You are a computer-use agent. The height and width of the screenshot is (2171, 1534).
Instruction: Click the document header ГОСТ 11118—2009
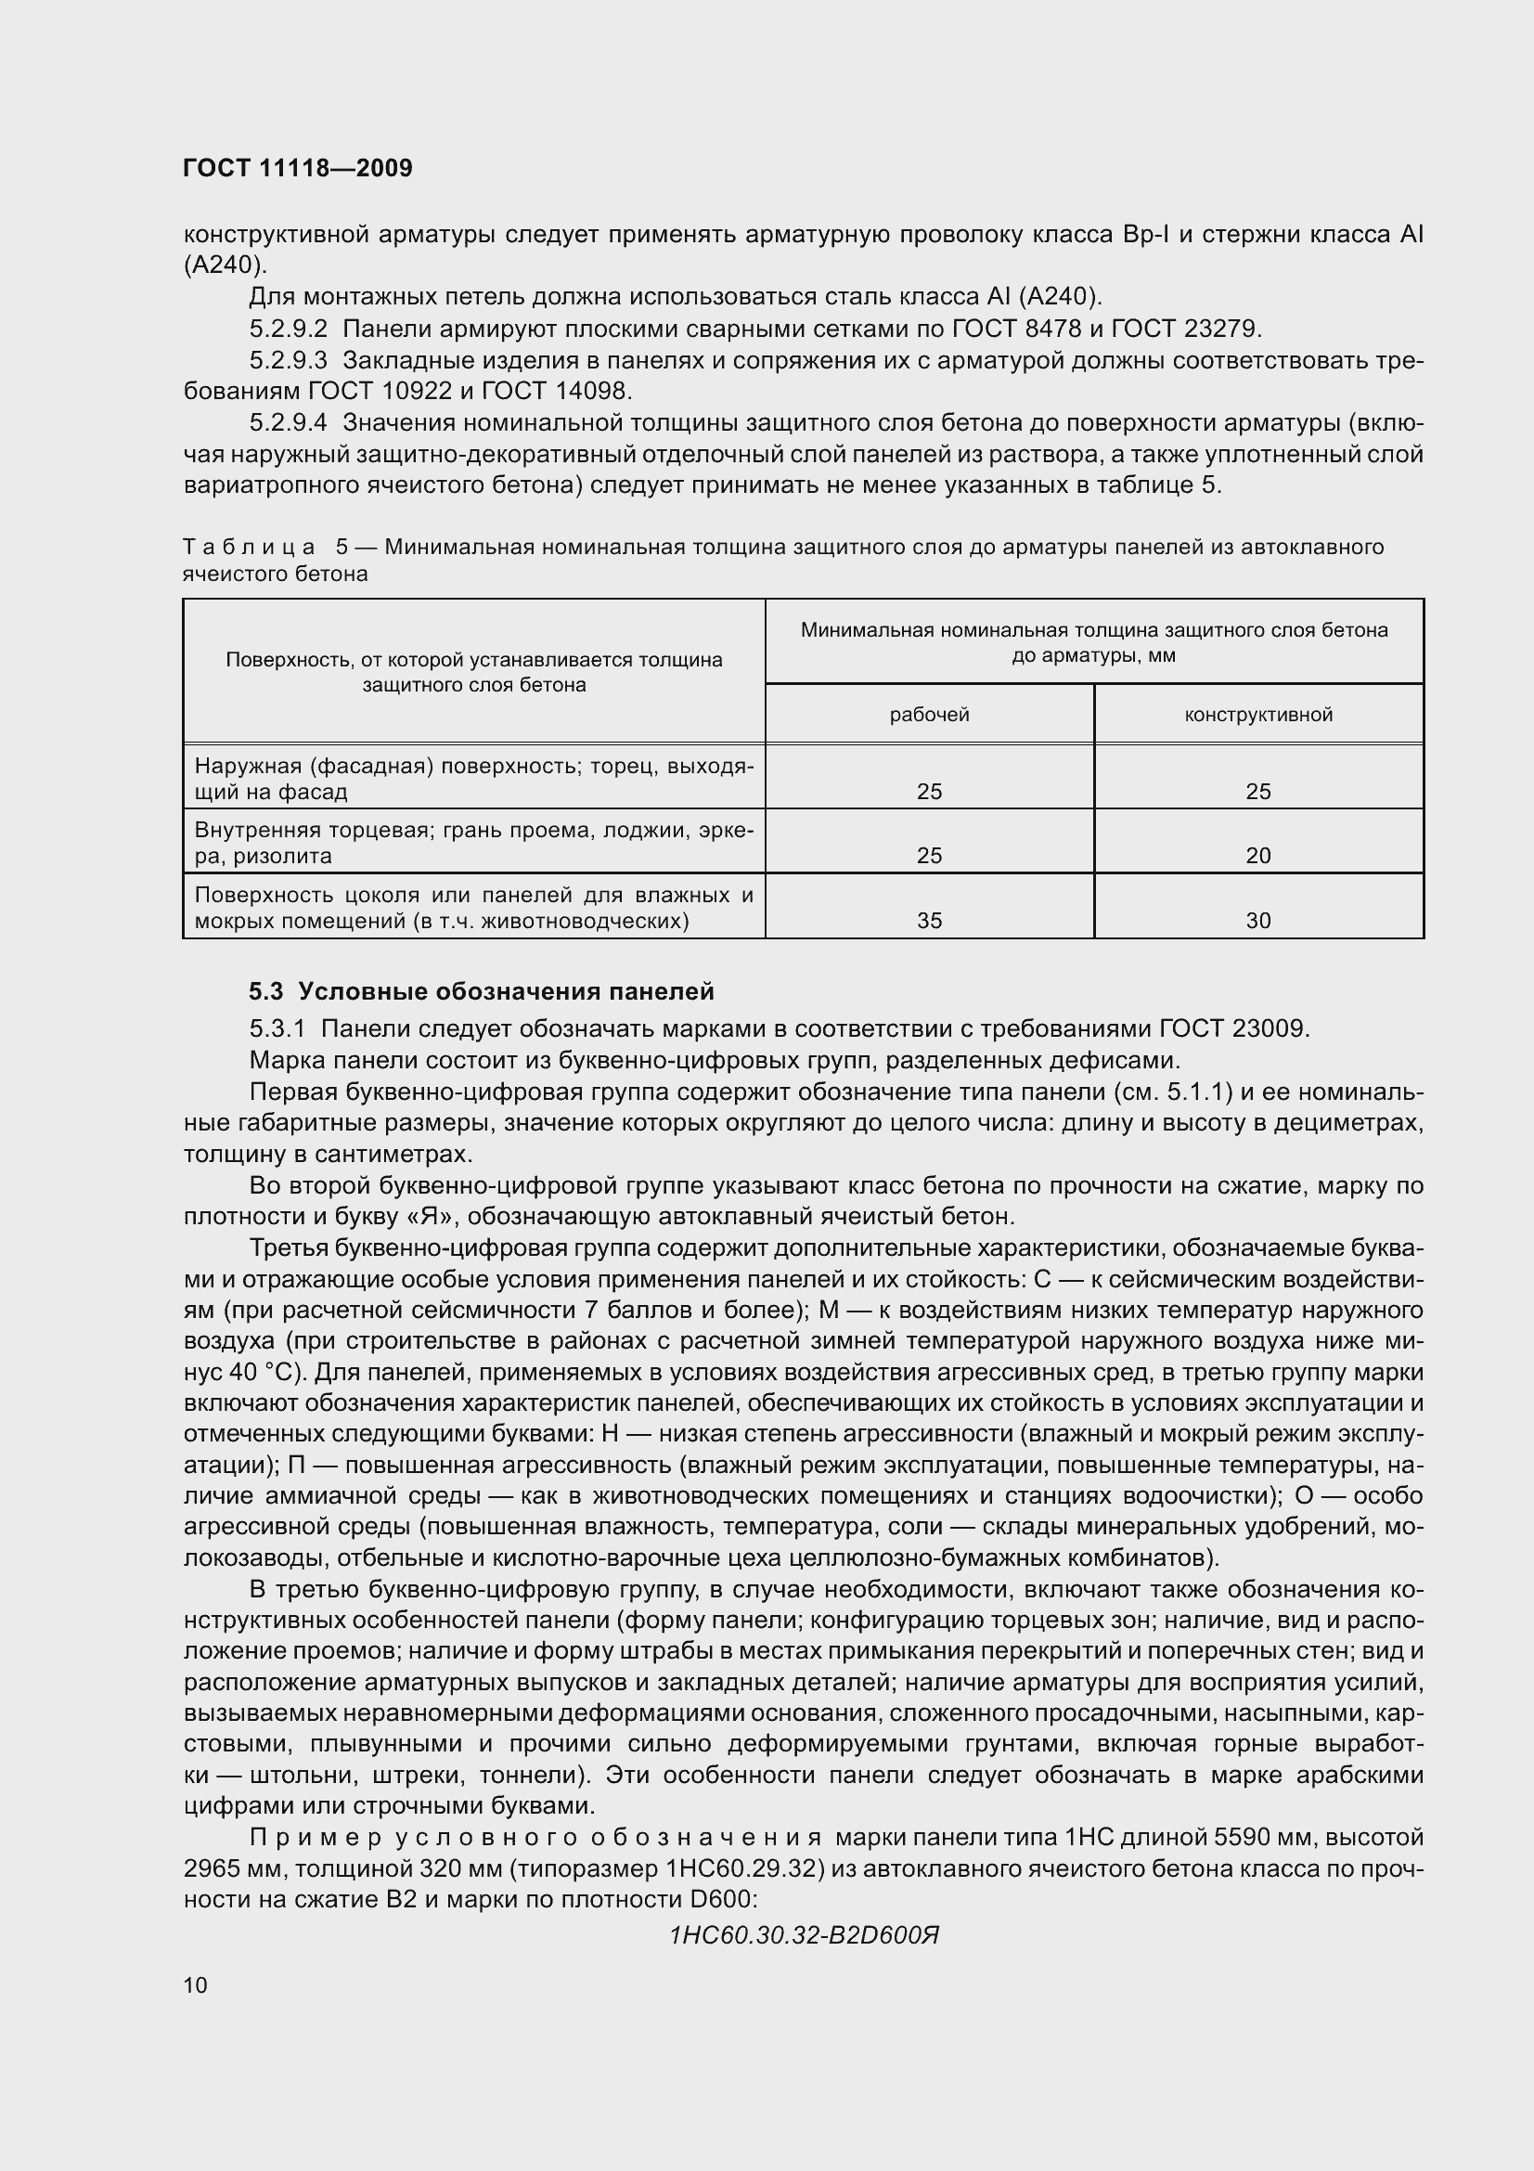click(x=298, y=168)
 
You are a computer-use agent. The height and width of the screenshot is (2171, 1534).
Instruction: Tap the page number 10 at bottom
click(x=196, y=1984)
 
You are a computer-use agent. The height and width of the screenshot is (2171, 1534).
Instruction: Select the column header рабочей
click(x=929, y=715)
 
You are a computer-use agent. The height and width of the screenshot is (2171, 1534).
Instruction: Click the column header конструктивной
click(x=1258, y=715)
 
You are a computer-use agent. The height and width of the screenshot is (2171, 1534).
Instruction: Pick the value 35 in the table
click(x=929, y=920)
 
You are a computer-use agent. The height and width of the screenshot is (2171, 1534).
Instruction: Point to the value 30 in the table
click(x=1258, y=920)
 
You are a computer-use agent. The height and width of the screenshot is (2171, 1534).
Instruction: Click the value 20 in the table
click(x=1258, y=856)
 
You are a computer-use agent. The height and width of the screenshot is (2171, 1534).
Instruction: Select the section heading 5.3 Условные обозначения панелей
click(x=481, y=991)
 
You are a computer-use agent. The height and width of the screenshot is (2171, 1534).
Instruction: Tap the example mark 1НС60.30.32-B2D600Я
click(x=804, y=1935)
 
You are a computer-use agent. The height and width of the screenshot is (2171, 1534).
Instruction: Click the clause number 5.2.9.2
click(x=289, y=330)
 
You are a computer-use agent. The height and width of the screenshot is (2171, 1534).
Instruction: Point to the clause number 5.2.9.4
click(x=289, y=422)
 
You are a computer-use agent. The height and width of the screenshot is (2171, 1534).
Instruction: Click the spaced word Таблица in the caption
click(x=249, y=548)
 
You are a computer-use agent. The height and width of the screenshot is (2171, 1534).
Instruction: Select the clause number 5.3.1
click(x=277, y=1027)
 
